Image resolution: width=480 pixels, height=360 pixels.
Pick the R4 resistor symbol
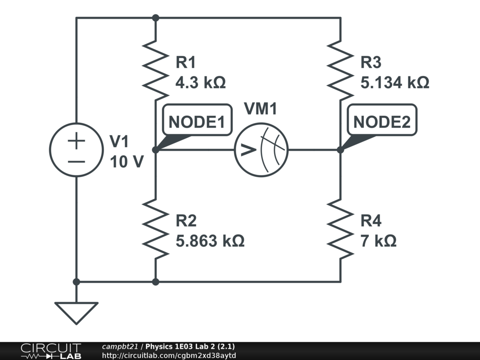click(340, 228)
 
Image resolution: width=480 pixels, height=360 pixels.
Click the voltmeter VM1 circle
click(261, 150)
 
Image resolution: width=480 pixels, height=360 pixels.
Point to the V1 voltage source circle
click(76, 150)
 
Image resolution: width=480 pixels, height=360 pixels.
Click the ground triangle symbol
click(76, 312)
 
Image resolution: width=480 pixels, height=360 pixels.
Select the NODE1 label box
click(196, 122)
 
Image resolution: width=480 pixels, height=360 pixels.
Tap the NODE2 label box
click(382, 122)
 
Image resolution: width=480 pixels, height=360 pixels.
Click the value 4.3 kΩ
click(200, 83)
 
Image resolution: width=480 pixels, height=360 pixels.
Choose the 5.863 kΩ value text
click(210, 241)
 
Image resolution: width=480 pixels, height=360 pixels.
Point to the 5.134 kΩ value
click(395, 83)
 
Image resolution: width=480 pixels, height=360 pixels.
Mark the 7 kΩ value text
click(379, 241)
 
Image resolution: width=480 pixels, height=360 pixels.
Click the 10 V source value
click(127, 162)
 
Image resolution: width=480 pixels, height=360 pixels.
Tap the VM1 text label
click(261, 109)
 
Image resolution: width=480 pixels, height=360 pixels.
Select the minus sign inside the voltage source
click(76, 161)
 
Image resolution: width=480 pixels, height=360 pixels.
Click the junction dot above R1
click(156, 18)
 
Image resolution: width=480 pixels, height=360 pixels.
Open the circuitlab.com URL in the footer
click(169, 355)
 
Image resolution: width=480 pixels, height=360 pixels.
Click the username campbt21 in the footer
click(120, 347)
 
